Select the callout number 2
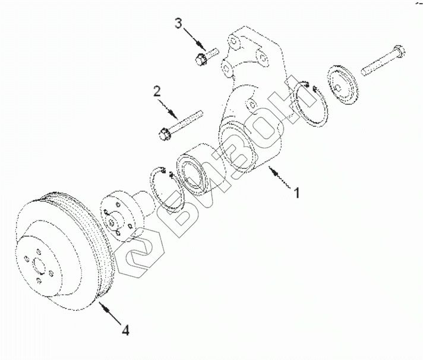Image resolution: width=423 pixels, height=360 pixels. (157, 91)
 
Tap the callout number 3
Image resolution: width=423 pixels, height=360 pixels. (178, 24)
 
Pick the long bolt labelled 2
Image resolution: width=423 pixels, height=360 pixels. (181, 122)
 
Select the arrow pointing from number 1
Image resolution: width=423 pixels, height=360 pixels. (280, 178)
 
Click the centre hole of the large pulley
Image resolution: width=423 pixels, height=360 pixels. (39, 266)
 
